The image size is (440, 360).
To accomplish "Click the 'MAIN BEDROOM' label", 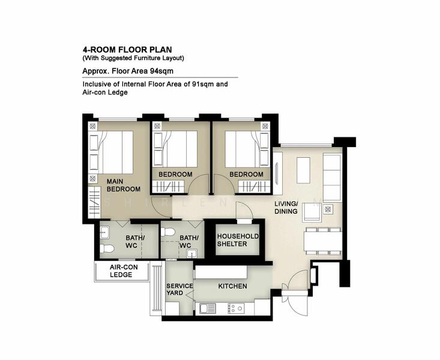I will pyautogui.click(x=123, y=185).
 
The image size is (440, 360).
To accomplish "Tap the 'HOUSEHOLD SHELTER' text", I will pyautogui.click(x=237, y=240).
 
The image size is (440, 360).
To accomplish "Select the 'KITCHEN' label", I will pyautogui.click(x=232, y=286).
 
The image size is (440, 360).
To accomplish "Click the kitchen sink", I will pyautogui.click(x=208, y=308).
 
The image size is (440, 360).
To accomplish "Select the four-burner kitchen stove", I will pyautogui.click(x=236, y=308).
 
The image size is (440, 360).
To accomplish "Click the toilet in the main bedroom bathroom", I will pyautogui.click(x=107, y=248).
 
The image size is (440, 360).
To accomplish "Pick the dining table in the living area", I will pyautogui.click(x=322, y=242).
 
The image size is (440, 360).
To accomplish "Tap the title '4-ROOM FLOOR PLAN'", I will pyautogui.click(x=124, y=50).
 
